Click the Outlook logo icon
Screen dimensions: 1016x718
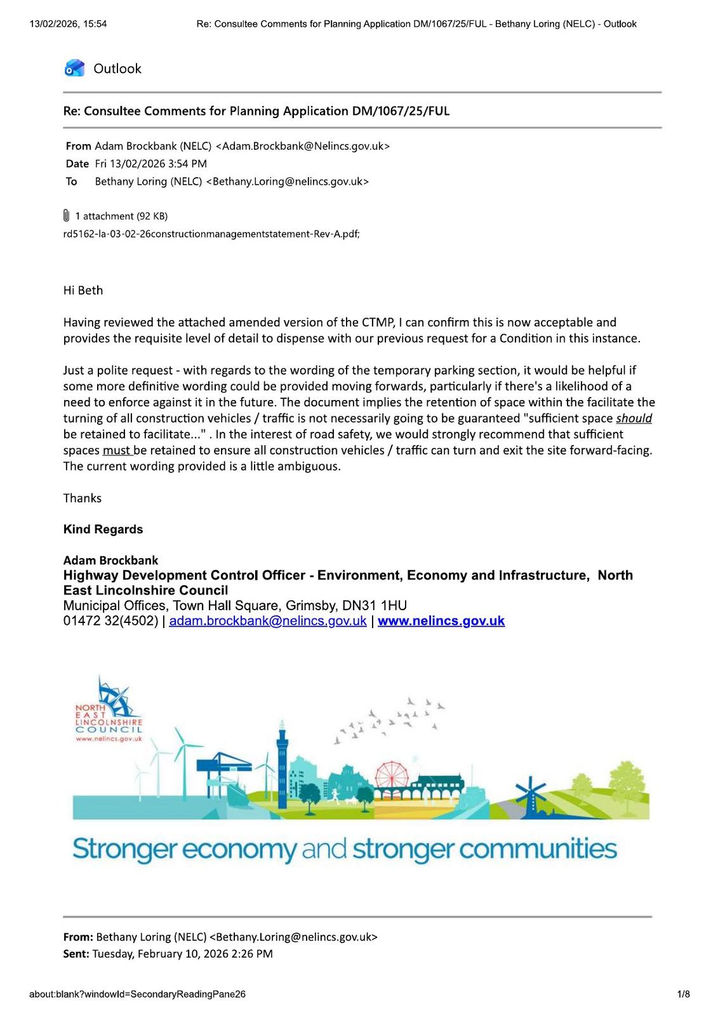click(x=74, y=68)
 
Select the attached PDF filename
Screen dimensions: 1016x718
click(x=211, y=234)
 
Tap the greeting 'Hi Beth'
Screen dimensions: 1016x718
click(x=83, y=290)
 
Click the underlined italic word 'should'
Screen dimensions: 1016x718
click(x=634, y=418)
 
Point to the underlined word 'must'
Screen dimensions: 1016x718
click(x=117, y=450)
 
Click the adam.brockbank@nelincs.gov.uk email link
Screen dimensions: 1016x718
click(x=268, y=621)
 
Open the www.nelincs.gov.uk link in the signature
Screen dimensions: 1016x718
click(x=441, y=621)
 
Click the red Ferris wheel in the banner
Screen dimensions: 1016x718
click(x=394, y=778)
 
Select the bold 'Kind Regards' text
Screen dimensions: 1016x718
click(x=103, y=530)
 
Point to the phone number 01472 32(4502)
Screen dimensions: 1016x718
click(x=110, y=621)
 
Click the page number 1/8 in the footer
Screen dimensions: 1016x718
click(x=683, y=994)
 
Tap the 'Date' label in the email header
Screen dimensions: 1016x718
click(x=77, y=164)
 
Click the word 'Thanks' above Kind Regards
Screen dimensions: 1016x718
click(x=83, y=498)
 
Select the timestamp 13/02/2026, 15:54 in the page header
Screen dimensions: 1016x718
click(x=68, y=24)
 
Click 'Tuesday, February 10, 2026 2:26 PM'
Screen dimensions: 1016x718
click(x=183, y=953)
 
